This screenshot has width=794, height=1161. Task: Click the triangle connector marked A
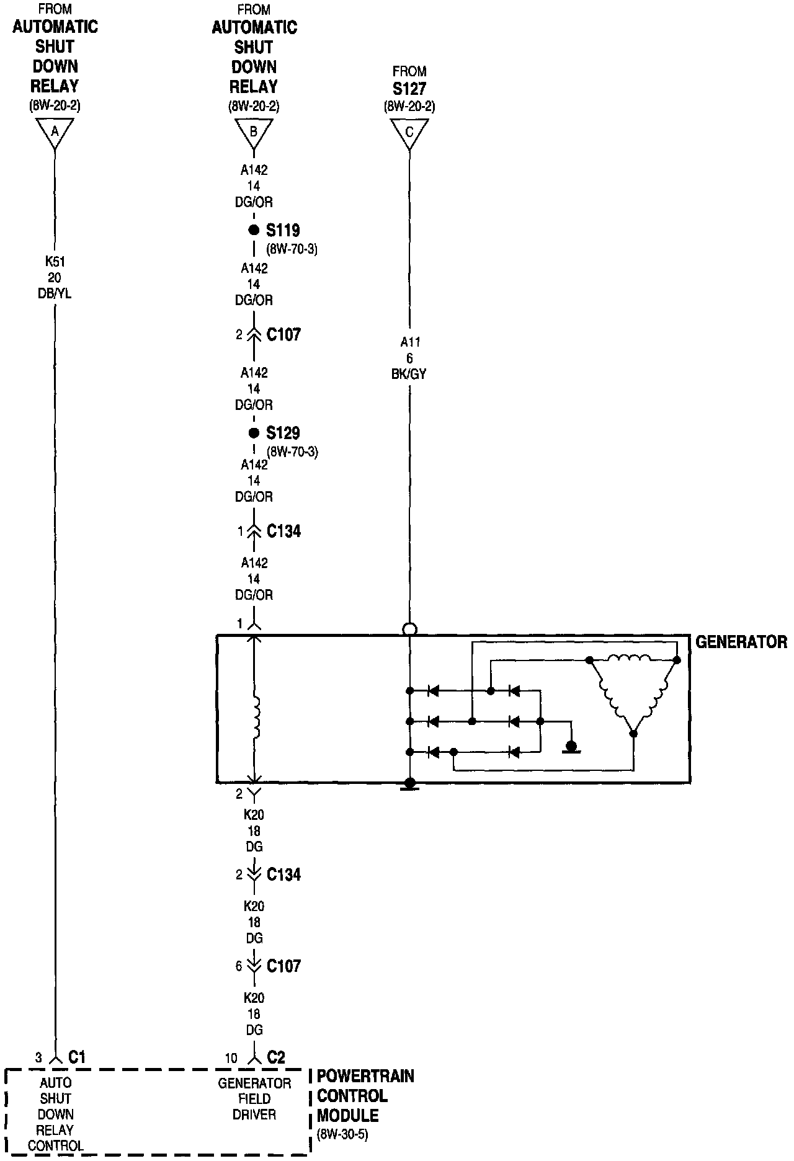(55, 131)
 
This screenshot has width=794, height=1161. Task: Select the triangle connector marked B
(253, 131)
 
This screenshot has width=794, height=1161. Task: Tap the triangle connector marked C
(409, 131)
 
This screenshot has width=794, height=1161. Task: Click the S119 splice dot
(253, 230)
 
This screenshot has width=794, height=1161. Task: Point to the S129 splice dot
(253, 433)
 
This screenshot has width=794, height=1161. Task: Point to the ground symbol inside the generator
(571, 746)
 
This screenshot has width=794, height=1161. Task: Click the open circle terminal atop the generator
(409, 629)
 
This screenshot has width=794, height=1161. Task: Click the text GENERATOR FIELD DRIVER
(254, 1098)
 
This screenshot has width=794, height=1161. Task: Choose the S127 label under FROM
(409, 89)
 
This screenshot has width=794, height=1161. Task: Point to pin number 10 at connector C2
(231, 1058)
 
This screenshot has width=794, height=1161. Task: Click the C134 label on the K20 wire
(283, 874)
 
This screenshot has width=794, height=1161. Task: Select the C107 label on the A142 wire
(283, 335)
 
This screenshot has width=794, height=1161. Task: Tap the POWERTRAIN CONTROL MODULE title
(365, 1095)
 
